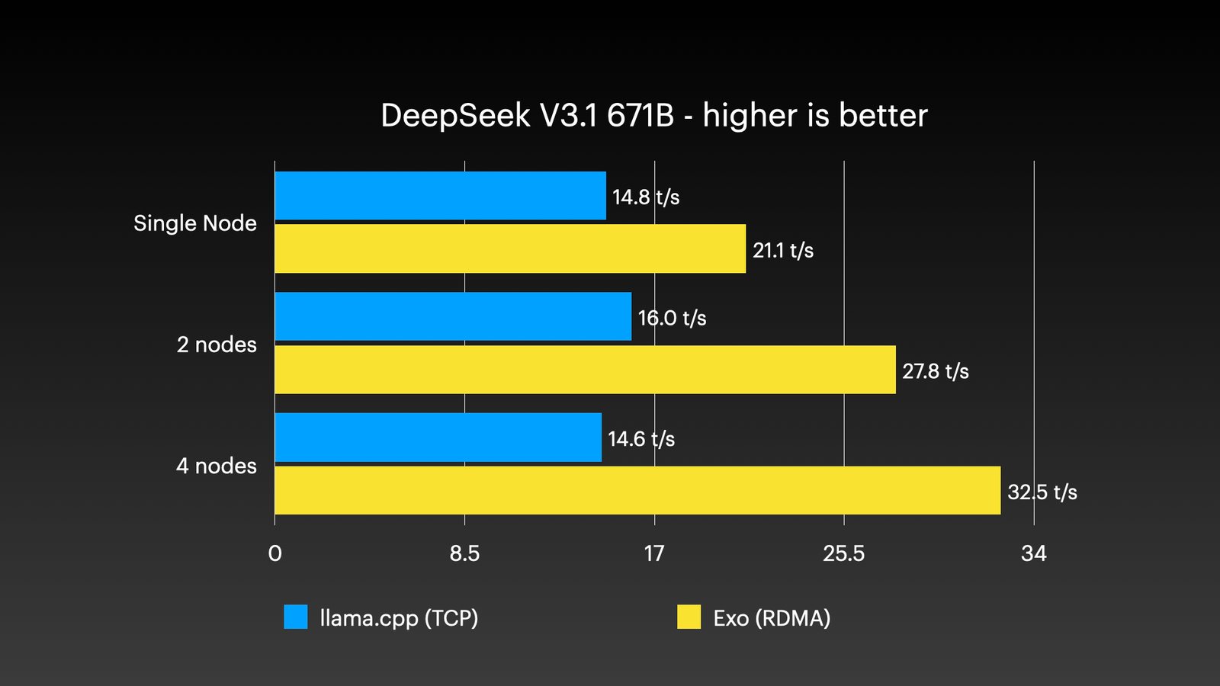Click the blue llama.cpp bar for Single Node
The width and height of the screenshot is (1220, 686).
(440, 195)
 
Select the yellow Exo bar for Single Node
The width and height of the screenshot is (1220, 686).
(509, 248)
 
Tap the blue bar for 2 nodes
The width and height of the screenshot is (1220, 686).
(453, 316)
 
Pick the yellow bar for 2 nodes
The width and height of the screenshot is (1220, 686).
(585, 370)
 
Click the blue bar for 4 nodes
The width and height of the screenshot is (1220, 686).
(438, 438)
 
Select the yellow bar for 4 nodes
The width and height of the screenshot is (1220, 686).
(637, 490)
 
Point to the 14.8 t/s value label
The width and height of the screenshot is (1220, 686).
(645, 197)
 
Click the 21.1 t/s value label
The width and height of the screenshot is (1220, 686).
(782, 251)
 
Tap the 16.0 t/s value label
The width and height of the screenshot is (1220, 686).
(672, 318)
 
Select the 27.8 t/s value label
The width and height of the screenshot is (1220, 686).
(935, 371)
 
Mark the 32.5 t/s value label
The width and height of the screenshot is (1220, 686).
(1042, 492)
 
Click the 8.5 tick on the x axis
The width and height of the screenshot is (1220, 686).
(464, 553)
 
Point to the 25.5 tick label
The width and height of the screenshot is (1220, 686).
(843, 553)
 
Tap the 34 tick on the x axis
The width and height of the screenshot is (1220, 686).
(1033, 553)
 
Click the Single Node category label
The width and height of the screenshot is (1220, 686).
(195, 223)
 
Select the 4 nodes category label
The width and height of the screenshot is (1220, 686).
(217, 466)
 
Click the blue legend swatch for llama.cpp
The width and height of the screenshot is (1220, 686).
(296, 617)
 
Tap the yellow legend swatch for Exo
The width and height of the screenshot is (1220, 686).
(689, 617)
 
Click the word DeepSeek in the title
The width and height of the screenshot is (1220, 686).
(455, 116)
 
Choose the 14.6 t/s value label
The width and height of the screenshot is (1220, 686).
(640, 439)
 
